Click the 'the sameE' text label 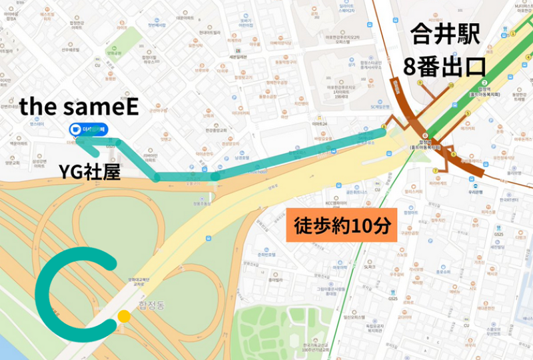tap(79, 107)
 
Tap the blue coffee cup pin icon tap(77, 129)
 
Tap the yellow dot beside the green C tap(123, 316)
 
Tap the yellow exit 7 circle tap(436, 171)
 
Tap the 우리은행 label tap(474, 188)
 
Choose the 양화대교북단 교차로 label tap(141, 282)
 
